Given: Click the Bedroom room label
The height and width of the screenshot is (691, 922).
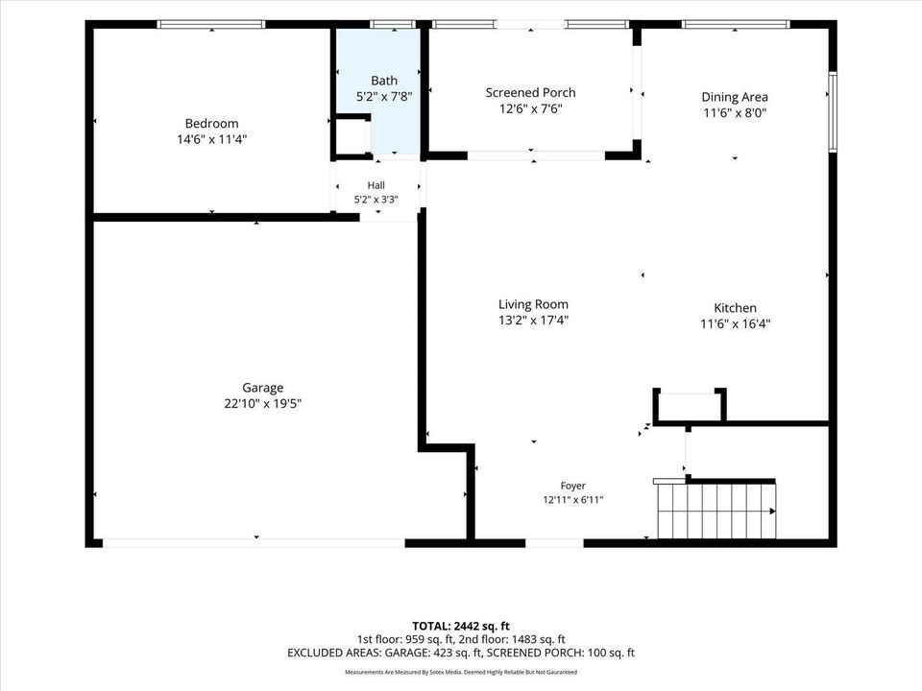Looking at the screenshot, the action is pyautogui.click(x=211, y=124).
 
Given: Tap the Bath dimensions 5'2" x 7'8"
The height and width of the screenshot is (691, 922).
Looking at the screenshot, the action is pyautogui.click(x=384, y=96).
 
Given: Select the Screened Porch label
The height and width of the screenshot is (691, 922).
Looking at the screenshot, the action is pyautogui.click(x=530, y=92).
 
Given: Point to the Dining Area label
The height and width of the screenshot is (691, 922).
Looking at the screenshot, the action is pyautogui.click(x=735, y=97).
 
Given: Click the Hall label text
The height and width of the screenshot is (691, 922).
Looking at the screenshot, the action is pyautogui.click(x=376, y=185).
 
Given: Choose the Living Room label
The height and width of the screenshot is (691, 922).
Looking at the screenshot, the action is pyautogui.click(x=533, y=304).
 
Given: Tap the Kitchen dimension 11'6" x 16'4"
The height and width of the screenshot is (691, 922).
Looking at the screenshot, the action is pyautogui.click(x=735, y=323).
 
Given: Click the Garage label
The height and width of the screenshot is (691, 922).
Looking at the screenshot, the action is pyautogui.click(x=263, y=388).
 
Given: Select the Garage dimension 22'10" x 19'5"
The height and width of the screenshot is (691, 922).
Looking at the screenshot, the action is pyautogui.click(x=263, y=404).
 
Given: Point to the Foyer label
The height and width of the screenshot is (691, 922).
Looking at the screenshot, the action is pyautogui.click(x=572, y=486).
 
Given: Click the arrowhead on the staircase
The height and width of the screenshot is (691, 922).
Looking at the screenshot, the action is pyautogui.click(x=772, y=512).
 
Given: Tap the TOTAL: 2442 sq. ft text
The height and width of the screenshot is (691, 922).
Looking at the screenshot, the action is pyautogui.click(x=461, y=626).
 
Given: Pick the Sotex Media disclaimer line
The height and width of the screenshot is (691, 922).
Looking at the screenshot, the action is pyautogui.click(x=461, y=672).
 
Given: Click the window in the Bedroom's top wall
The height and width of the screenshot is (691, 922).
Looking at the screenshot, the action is pyautogui.click(x=211, y=24).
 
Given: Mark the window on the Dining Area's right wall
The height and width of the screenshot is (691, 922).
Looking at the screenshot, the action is pyautogui.click(x=833, y=111).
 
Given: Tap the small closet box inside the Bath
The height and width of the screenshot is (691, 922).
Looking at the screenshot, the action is pyautogui.click(x=352, y=137).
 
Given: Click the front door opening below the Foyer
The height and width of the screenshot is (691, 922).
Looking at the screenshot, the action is pyautogui.click(x=554, y=543).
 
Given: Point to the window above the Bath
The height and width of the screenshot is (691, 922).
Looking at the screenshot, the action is pyautogui.click(x=394, y=24).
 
